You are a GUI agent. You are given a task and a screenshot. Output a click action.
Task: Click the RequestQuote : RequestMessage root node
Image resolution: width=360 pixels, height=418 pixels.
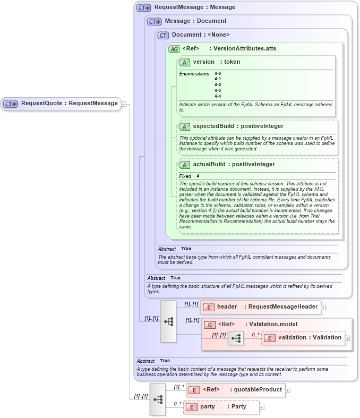point(61,104)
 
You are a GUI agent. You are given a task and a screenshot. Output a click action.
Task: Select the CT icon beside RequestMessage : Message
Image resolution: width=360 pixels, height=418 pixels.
point(144,8)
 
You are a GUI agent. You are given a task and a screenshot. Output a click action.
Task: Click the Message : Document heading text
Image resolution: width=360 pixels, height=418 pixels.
point(195,21)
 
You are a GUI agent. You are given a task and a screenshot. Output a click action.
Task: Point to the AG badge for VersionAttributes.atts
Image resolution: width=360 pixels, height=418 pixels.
point(174,49)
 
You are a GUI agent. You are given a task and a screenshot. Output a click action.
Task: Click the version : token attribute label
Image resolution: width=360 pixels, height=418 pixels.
point(216,62)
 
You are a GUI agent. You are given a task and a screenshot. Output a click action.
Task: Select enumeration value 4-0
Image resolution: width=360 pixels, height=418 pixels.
point(218,73)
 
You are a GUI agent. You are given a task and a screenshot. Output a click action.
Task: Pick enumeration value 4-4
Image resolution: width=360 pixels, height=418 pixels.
point(218,96)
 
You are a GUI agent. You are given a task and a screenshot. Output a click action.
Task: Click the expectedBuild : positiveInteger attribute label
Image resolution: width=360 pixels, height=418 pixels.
point(238,126)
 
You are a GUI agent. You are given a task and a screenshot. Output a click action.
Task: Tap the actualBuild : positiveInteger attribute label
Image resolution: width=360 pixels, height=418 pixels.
point(234,165)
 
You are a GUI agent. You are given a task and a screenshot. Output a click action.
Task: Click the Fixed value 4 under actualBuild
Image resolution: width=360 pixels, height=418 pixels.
point(198,176)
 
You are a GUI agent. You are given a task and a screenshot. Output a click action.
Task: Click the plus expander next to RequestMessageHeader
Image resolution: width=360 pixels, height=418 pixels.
point(323,307)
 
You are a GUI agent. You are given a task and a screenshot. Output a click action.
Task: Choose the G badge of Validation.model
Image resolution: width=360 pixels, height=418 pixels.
point(210,325)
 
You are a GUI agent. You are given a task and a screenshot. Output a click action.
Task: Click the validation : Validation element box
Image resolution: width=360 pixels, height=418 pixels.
point(303,338)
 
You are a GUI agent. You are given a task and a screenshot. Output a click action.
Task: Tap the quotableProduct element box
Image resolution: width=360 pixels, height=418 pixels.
point(236,390)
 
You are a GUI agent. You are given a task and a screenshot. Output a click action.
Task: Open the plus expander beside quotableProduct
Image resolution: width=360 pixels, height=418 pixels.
point(288,390)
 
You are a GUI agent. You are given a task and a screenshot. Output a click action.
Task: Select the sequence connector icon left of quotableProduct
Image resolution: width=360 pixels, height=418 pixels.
point(158,399)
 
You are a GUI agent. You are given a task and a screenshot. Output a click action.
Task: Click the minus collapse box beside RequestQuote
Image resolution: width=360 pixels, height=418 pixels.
point(124,104)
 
